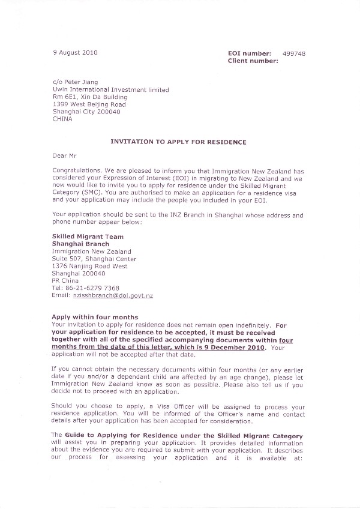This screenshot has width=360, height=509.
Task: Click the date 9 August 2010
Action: pyautogui.click(x=75, y=53)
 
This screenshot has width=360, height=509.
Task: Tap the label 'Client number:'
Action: pyautogui.click(x=253, y=61)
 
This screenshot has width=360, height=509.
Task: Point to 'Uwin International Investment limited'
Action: pyautogui.click(x=110, y=90)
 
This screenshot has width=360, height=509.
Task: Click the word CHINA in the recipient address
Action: pyautogui.click(x=62, y=119)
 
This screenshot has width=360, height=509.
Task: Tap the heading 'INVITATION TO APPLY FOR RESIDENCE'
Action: pyautogui.click(x=178, y=142)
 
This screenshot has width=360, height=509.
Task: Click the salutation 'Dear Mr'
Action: pyautogui.click(x=64, y=155)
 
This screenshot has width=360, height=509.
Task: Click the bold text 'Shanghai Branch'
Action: pyautogui.click(x=79, y=244)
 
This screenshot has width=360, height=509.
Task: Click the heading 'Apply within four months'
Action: pyautogui.click(x=95, y=317)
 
